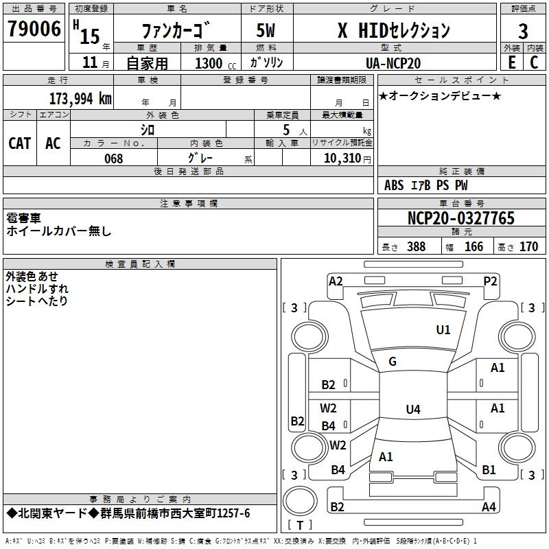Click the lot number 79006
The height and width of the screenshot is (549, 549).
tap(34, 30)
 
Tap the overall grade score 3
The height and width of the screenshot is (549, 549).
tap(523, 31)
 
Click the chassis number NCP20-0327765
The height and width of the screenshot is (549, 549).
tap(460, 218)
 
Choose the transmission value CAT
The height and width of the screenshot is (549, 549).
tap(20, 143)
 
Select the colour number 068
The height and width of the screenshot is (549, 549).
tap(113, 159)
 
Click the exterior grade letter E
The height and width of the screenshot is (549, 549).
tap(511, 62)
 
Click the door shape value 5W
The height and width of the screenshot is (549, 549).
tap(267, 31)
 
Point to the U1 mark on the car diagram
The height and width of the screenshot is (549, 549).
tap(443, 329)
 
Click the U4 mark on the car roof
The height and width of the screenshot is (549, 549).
tap(412, 410)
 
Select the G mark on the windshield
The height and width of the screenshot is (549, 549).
tap(393, 362)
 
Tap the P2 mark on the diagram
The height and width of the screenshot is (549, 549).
tap(490, 281)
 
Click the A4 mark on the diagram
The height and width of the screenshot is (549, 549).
tap(489, 507)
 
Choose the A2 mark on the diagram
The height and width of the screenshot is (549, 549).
tap(336, 281)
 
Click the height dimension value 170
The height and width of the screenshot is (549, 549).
tap(528, 247)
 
